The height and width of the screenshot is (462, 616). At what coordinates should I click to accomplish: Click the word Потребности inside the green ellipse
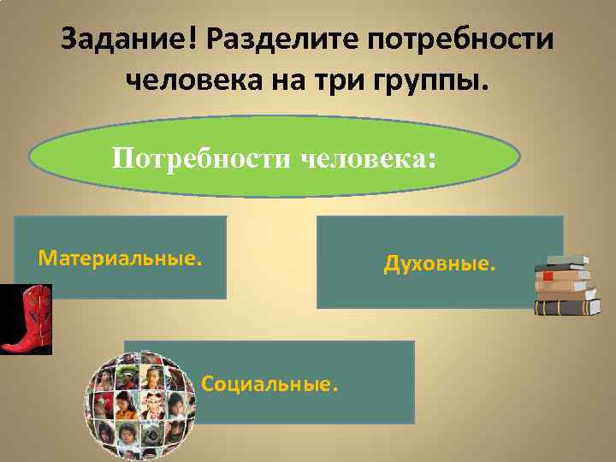(x=202, y=158)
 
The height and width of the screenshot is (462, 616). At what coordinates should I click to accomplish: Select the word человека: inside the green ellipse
(x=368, y=158)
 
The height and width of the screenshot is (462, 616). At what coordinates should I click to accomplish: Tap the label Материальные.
(x=121, y=258)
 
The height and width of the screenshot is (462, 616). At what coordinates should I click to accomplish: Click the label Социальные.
(x=269, y=384)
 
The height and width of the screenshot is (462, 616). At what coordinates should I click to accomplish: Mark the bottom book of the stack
(x=568, y=307)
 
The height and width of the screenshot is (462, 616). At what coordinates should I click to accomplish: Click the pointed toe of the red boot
(x=6, y=347)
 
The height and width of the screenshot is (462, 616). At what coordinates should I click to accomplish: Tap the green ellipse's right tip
(x=518, y=159)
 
